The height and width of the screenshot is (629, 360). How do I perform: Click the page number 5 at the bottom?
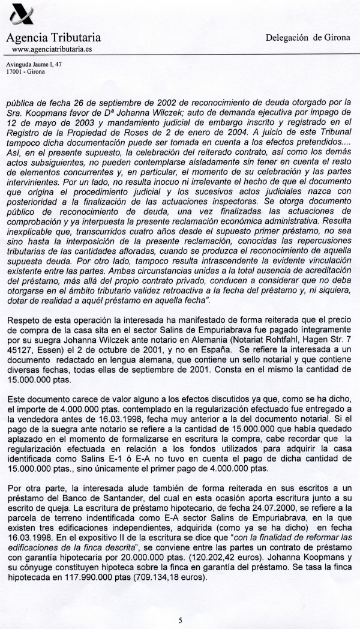tap(180, 604)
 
